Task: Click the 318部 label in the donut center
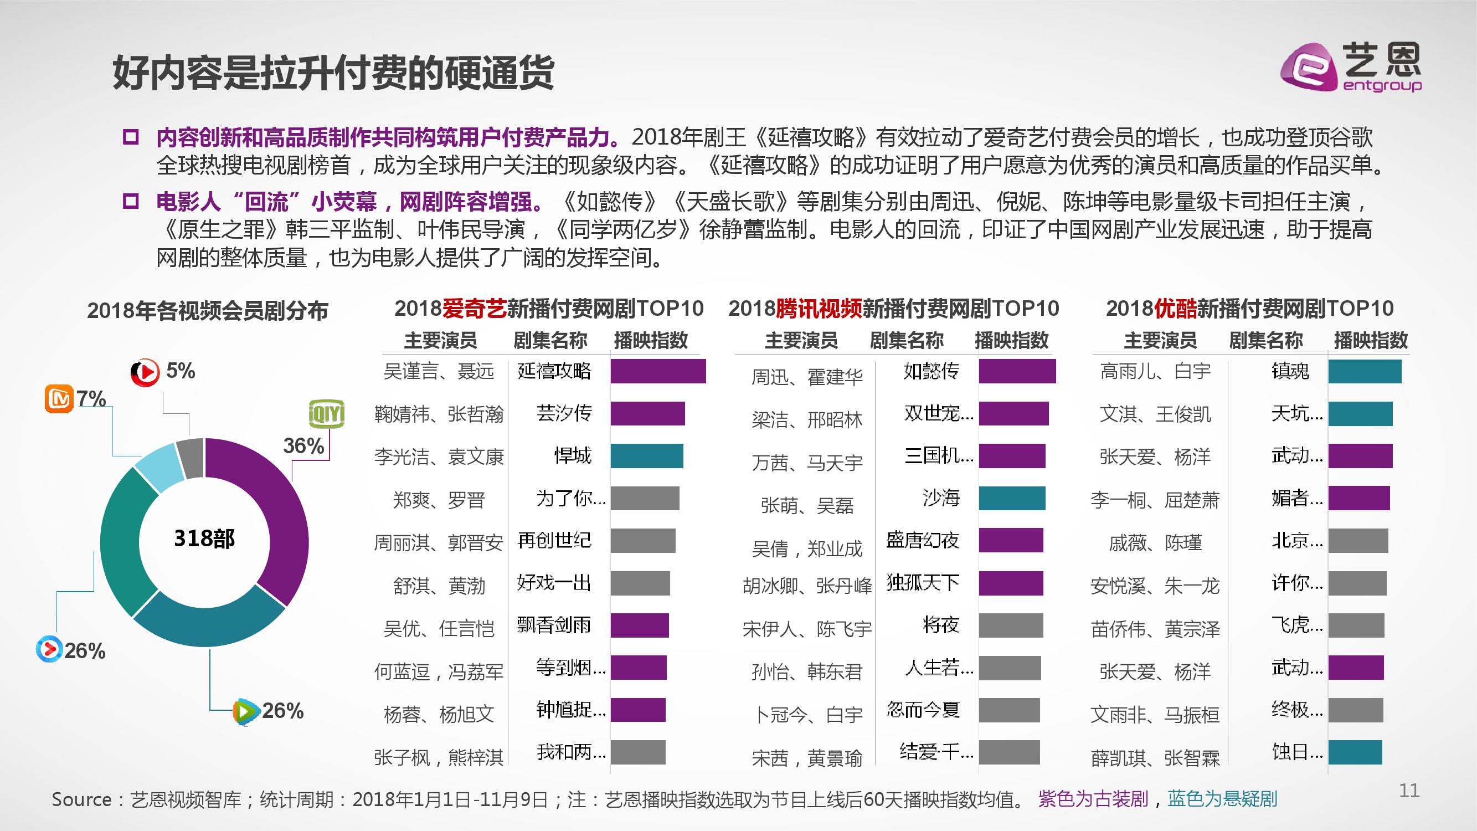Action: tap(204, 539)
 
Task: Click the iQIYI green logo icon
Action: tap(326, 413)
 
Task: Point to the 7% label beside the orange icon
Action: tap(92, 398)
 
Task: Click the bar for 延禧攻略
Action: tap(658, 371)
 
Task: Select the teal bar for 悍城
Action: tap(646, 456)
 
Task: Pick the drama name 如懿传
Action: tap(930, 371)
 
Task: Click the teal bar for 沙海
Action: tap(1011, 498)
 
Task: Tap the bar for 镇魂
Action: tap(1364, 371)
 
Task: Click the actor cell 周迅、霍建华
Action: tap(807, 377)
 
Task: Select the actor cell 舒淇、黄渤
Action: tap(439, 586)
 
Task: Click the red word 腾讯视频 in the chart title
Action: tap(818, 309)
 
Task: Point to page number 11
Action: tap(1409, 791)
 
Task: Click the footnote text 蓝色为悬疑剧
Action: tap(1222, 799)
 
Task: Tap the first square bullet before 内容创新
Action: tap(131, 137)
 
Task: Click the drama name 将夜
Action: tap(940, 625)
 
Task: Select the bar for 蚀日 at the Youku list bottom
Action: tap(1355, 752)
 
